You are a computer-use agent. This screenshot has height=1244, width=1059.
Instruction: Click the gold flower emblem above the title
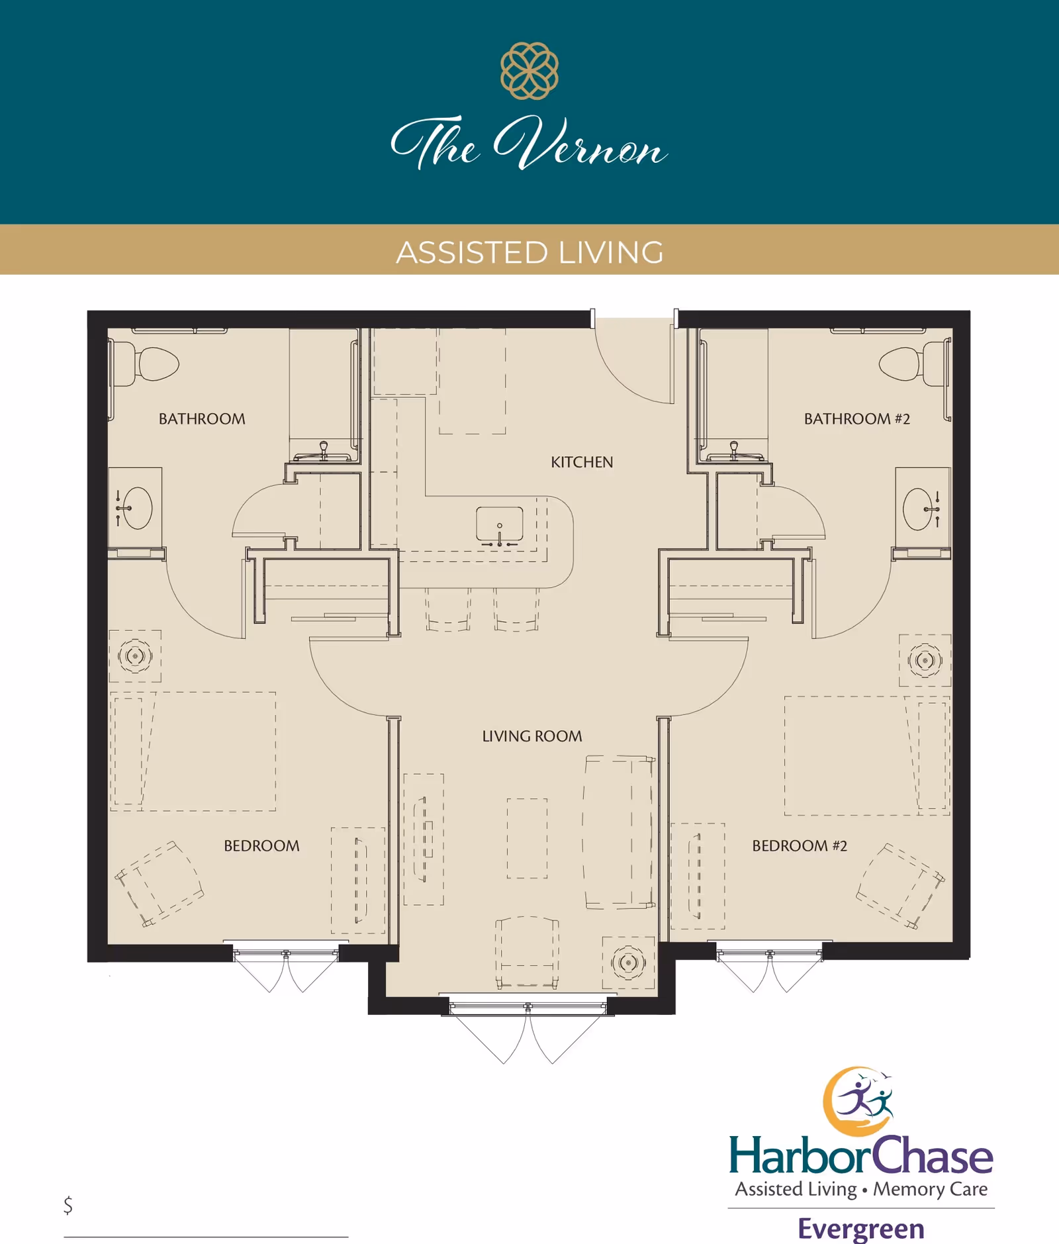coord(529,71)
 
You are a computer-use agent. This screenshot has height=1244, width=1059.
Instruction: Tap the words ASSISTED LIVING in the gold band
coord(529,252)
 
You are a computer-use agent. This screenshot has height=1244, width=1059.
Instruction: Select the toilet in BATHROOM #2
coord(907,363)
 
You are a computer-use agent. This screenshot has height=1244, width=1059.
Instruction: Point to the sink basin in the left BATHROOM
coord(137,508)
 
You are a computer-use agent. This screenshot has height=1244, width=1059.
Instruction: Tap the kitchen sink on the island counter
coord(500,524)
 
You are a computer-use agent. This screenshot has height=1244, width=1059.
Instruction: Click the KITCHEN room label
coord(582,462)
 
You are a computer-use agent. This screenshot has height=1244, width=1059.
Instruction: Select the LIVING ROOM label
coord(532,736)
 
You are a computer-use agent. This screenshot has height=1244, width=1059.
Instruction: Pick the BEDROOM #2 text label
coord(800,845)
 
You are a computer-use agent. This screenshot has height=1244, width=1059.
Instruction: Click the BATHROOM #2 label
coord(857,419)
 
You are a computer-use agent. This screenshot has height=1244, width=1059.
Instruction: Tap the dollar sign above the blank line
coord(68,1205)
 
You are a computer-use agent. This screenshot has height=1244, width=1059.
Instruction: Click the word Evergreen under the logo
coord(861,1229)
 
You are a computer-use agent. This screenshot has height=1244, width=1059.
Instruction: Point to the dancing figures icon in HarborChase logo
coord(863,1100)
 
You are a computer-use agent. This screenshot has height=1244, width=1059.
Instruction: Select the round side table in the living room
coord(628,961)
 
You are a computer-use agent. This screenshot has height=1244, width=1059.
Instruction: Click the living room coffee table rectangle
coord(527,838)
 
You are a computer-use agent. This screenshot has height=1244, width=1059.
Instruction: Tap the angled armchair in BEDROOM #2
coord(899,885)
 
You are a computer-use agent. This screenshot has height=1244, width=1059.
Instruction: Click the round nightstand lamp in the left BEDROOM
coord(135,656)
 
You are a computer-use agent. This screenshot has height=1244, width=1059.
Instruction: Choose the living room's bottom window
coord(528,1008)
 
